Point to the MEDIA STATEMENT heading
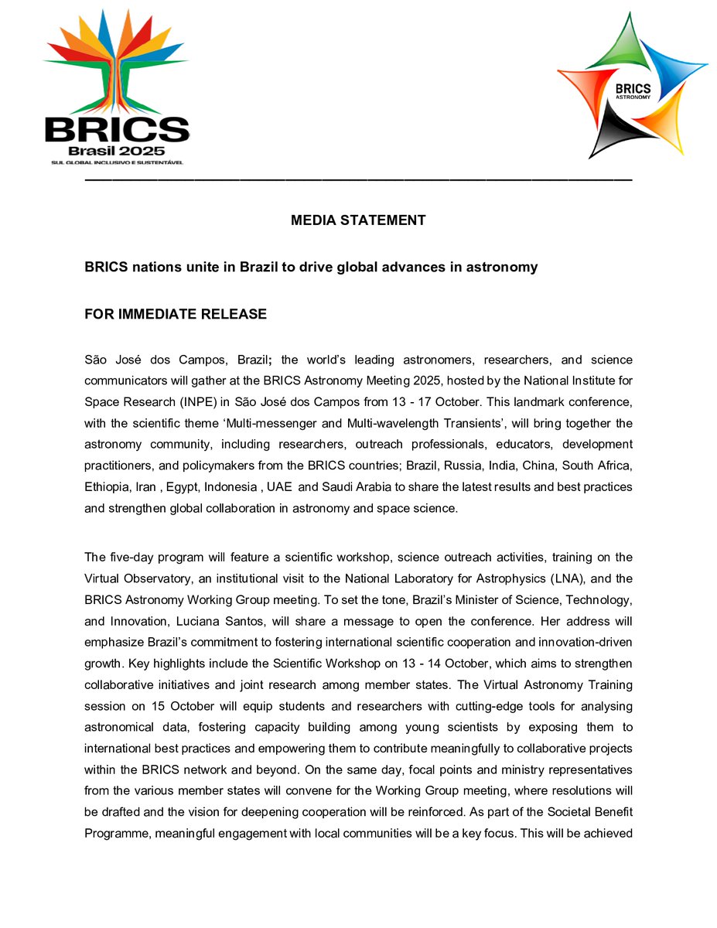click(x=358, y=220)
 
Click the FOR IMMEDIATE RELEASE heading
click(x=176, y=314)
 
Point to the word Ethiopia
click(x=107, y=487)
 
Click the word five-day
click(x=131, y=556)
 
